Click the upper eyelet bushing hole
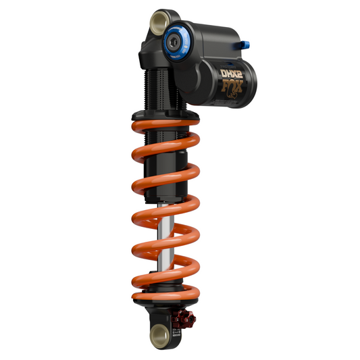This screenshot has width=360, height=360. coord(159,22)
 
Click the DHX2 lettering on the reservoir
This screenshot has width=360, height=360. coord(231,74)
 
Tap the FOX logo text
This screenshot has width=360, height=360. coord(232,86)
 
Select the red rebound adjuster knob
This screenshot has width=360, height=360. coord(184,318)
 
